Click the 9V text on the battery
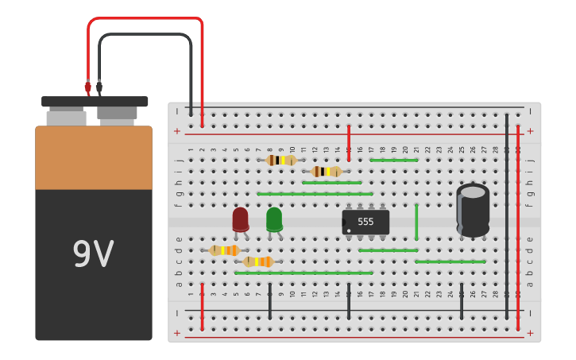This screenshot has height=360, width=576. coord(93,254)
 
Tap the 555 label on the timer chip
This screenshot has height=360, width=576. coord(365,222)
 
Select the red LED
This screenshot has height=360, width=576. coord(240,219)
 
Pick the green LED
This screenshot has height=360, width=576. coord(274,219)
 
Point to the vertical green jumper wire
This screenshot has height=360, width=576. coord(416,222)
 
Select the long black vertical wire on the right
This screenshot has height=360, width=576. coord(507,215)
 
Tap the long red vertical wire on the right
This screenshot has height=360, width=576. coord(518,226)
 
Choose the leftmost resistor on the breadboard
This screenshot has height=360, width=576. coord(225,250)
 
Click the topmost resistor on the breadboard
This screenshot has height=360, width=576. coord(281,160)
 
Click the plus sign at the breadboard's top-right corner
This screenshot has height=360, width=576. coord(530,130)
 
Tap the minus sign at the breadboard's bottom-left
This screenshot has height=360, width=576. coord(177,312)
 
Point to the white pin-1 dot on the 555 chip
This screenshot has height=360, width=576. coord(348,230)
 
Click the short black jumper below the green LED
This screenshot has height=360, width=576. coord(270,301)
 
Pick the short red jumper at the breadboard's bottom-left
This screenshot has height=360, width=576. coord(202,306)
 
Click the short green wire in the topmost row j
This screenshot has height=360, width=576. coord(394,160)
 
